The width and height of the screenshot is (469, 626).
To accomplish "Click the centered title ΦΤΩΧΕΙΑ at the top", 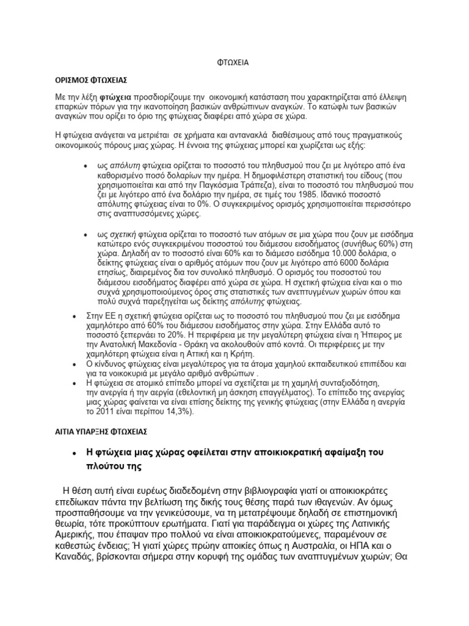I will pyautogui.click(x=234, y=62).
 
